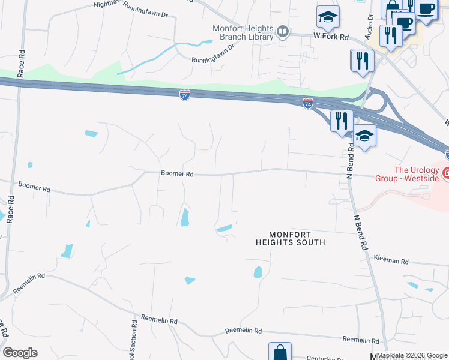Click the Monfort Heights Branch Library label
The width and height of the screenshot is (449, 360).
pos(243,32)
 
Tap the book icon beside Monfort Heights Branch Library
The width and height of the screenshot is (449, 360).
pos(283,31)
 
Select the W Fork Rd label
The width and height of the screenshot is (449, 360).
pos(331,37)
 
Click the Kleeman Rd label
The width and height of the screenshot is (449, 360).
pos(390,262)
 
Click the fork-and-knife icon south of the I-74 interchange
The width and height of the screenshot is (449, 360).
pos(341,121)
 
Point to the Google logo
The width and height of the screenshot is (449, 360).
pos(20,353)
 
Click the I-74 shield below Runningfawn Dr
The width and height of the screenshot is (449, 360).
pos(185,95)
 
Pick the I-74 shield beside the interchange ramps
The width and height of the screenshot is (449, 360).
pos(308,104)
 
